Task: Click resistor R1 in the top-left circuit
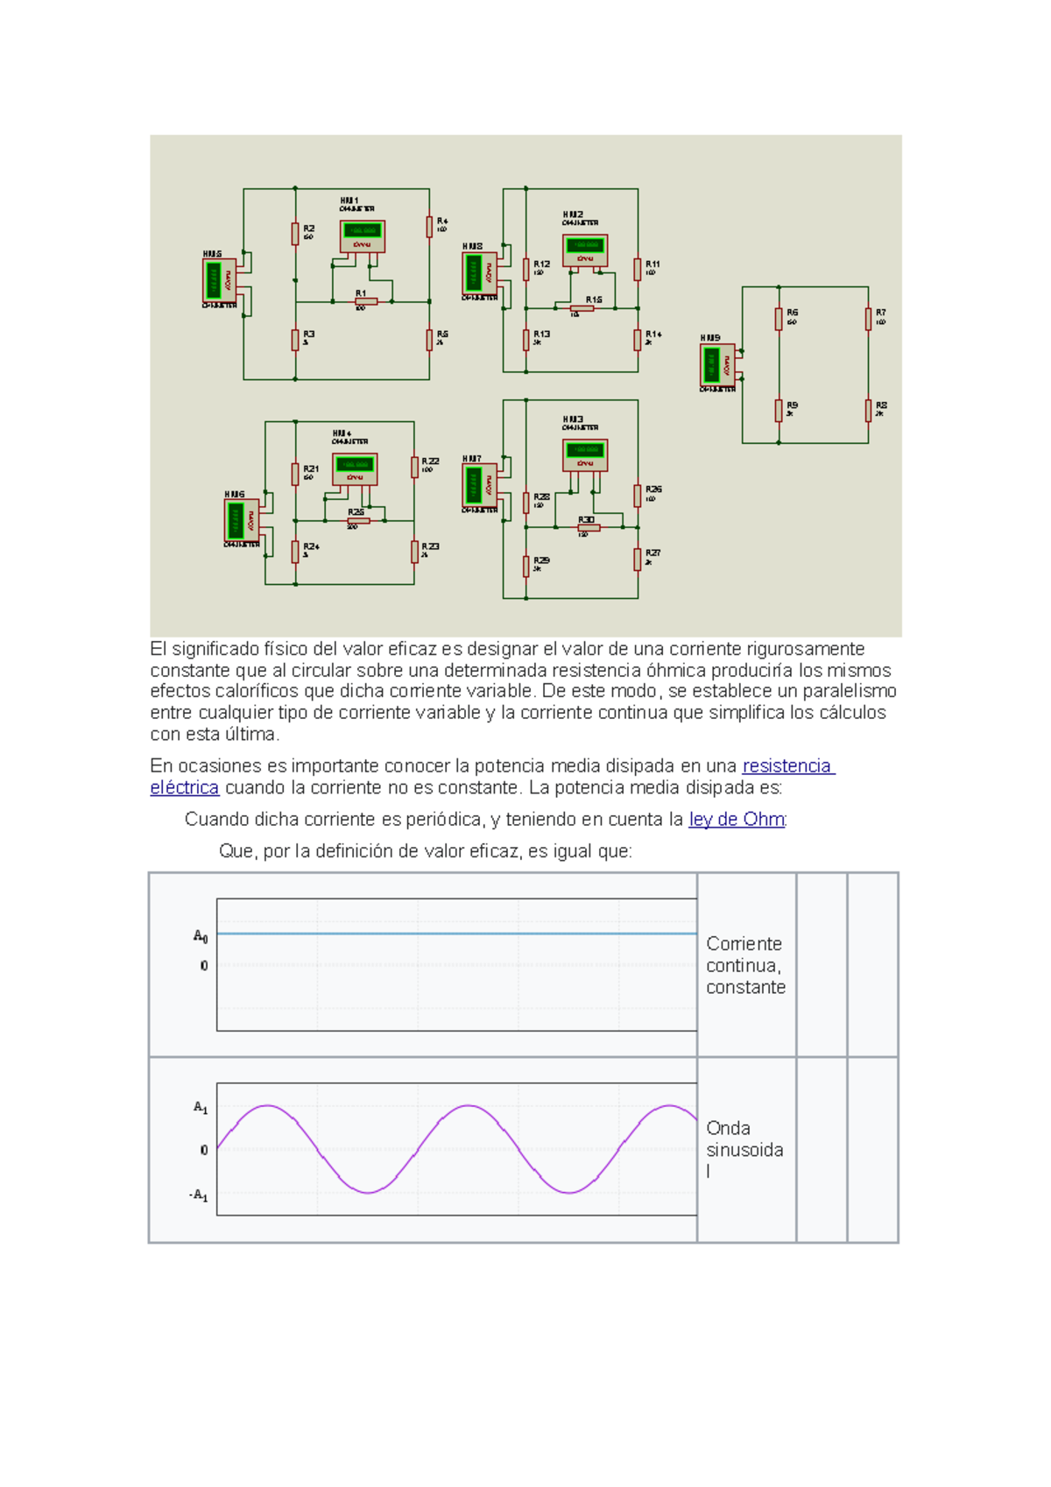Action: pos(365,301)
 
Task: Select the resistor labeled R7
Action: pos(868,320)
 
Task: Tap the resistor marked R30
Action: pos(589,527)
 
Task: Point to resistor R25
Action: pos(357,520)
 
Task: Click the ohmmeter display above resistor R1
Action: pos(362,235)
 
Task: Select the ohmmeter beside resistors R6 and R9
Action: pos(717,364)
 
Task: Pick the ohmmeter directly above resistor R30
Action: pos(584,454)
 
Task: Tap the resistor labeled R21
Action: pos(295,474)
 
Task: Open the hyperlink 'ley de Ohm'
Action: pos(737,820)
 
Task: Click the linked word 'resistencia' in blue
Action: pos(787,766)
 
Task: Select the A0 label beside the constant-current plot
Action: pos(201,936)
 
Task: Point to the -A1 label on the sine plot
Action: pos(199,1195)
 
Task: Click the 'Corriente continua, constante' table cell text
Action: pos(745,965)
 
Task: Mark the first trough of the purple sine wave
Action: pos(369,1192)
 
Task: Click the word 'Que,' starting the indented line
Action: pos(237,851)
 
